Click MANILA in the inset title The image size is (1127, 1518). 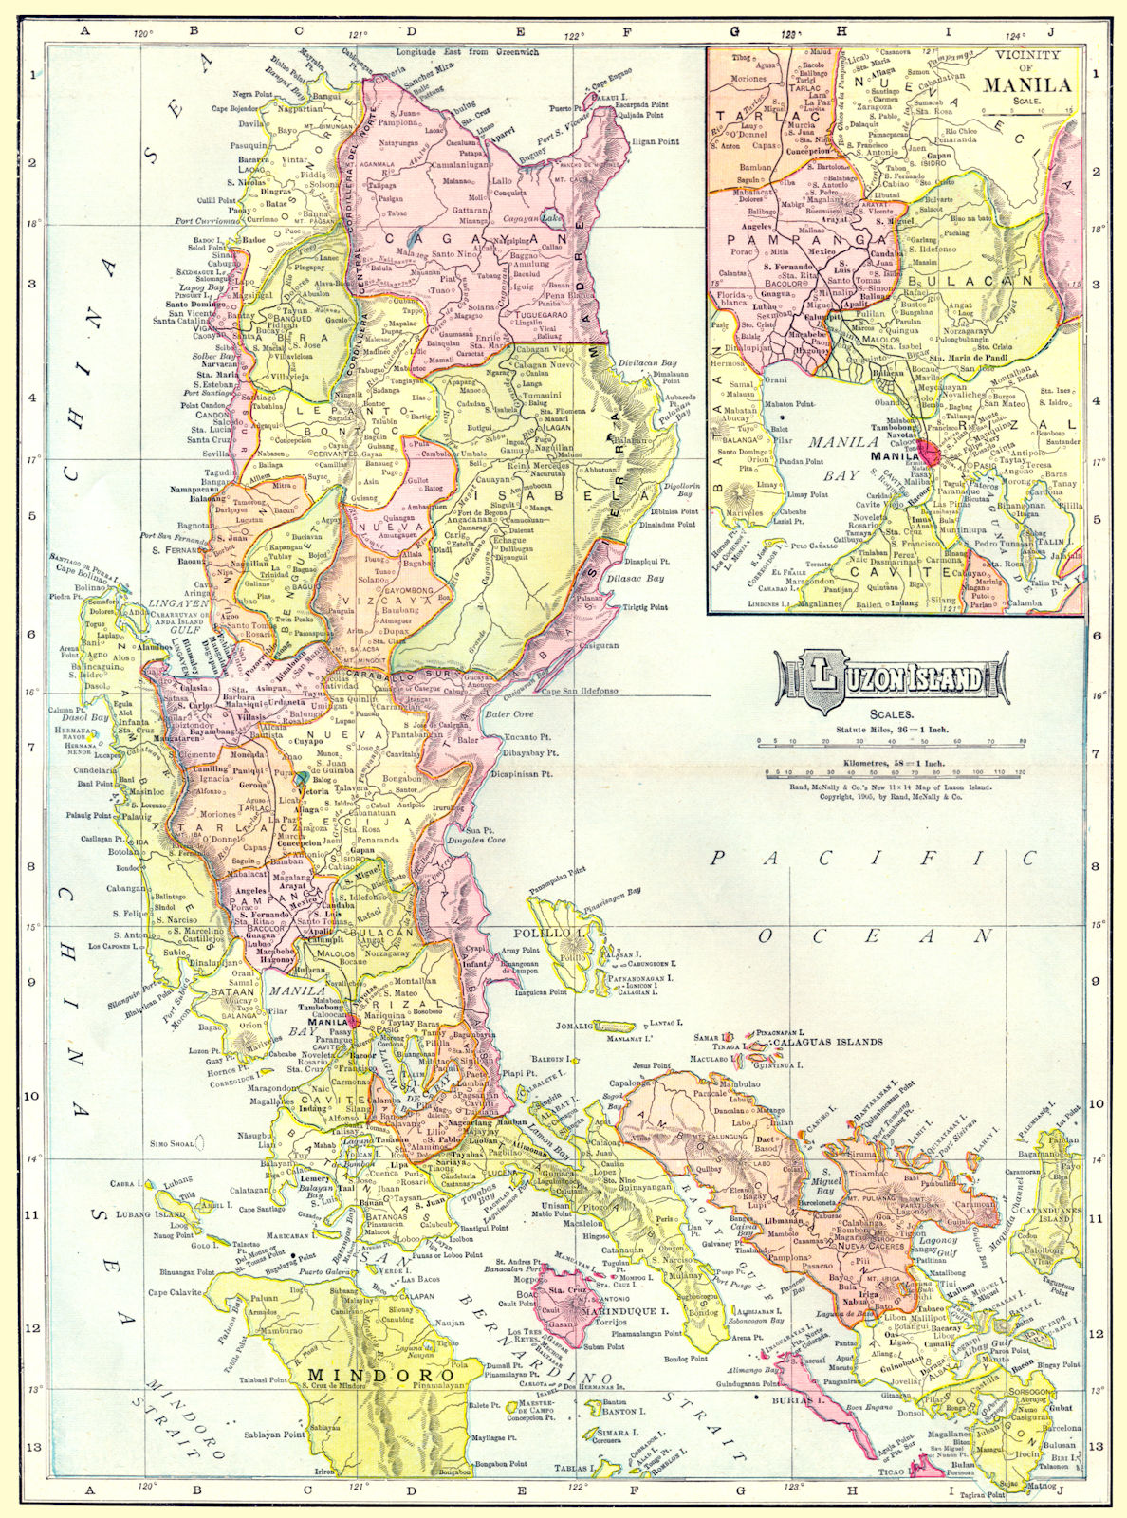pyautogui.click(x=1026, y=84)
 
